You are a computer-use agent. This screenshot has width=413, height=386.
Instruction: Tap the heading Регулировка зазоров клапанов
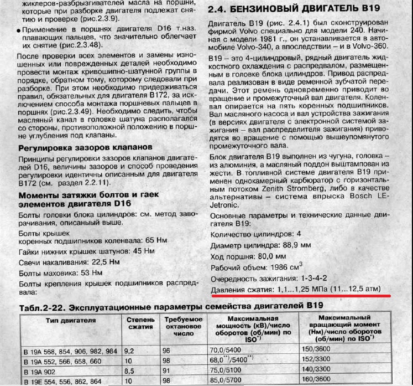pyautogui.click(x=85, y=148)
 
